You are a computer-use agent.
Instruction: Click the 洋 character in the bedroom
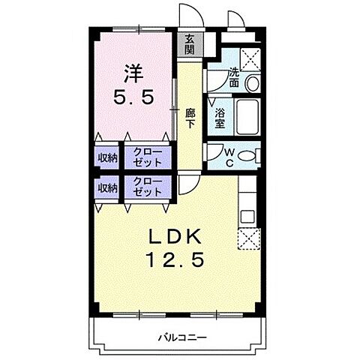pos(132,73)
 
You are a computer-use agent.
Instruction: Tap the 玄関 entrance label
pos(190,46)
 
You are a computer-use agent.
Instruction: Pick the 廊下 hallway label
pos(190,118)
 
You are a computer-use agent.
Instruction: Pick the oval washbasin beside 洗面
pos(253,82)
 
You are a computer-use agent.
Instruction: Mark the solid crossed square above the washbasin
pos(250,57)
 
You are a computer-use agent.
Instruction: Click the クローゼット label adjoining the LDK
pos(147,187)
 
